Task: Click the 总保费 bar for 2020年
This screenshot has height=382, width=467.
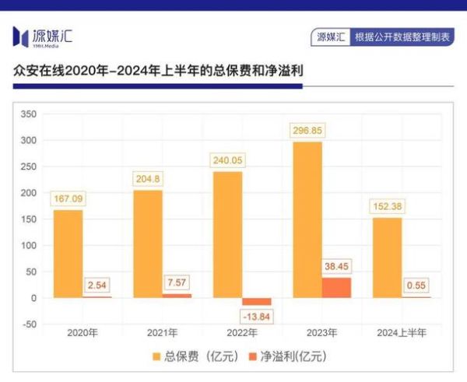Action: [x=68, y=254]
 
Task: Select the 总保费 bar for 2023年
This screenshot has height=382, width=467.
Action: [x=307, y=219]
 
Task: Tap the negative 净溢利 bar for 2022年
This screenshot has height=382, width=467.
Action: [x=257, y=301]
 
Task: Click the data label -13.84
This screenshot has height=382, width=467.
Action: [x=258, y=317]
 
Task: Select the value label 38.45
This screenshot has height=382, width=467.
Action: [x=336, y=265]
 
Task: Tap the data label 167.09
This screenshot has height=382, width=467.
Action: [x=68, y=198]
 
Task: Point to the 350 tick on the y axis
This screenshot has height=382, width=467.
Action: [x=28, y=114]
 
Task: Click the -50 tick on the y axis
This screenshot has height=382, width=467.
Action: [x=28, y=324]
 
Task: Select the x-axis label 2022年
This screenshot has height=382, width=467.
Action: [x=242, y=334]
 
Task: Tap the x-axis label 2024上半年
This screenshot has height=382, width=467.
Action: [x=402, y=334]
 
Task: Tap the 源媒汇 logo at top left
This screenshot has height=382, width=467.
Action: [x=43, y=36]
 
